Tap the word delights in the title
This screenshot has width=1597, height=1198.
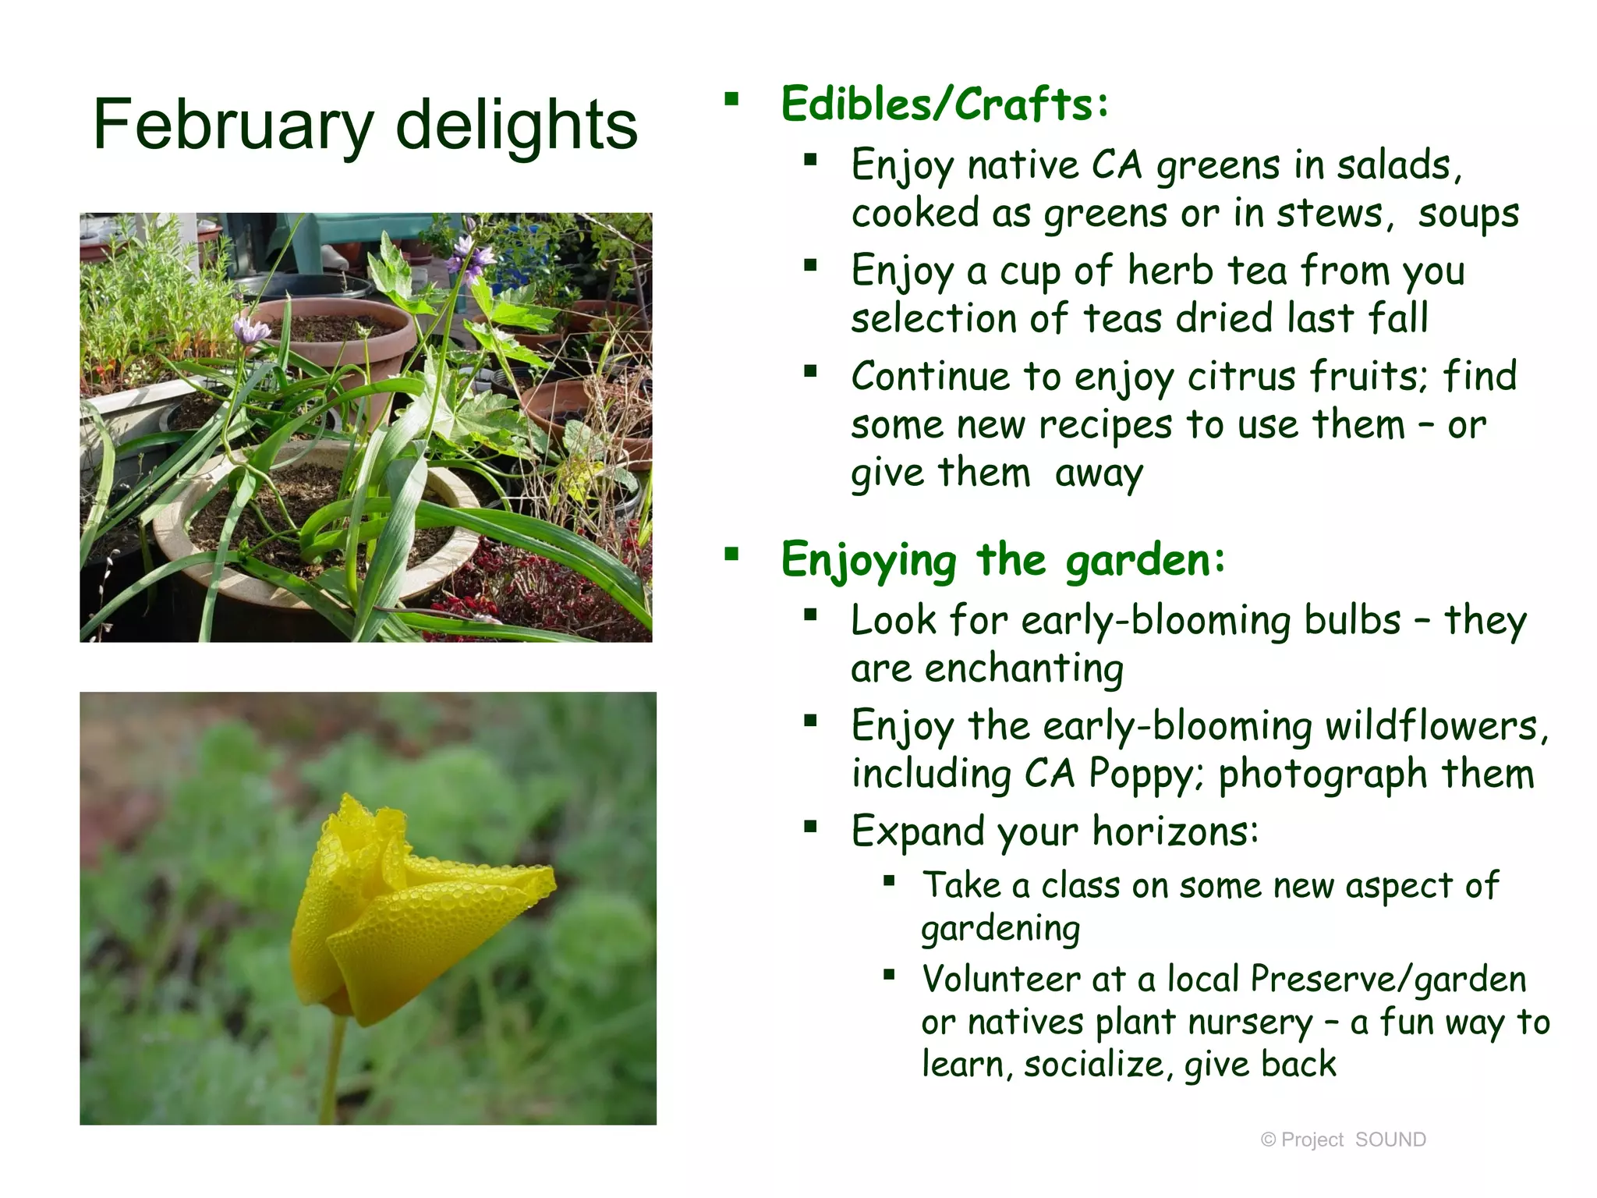point(516,125)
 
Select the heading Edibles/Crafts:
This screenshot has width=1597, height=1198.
point(944,105)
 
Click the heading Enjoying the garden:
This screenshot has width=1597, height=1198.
point(1003,560)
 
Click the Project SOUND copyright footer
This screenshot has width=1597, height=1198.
point(1343,1140)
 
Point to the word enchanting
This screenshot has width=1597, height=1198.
point(1024,669)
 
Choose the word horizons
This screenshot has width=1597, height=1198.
point(1174,831)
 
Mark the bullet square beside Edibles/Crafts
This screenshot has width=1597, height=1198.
point(731,99)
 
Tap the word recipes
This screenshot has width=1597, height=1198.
point(1105,426)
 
